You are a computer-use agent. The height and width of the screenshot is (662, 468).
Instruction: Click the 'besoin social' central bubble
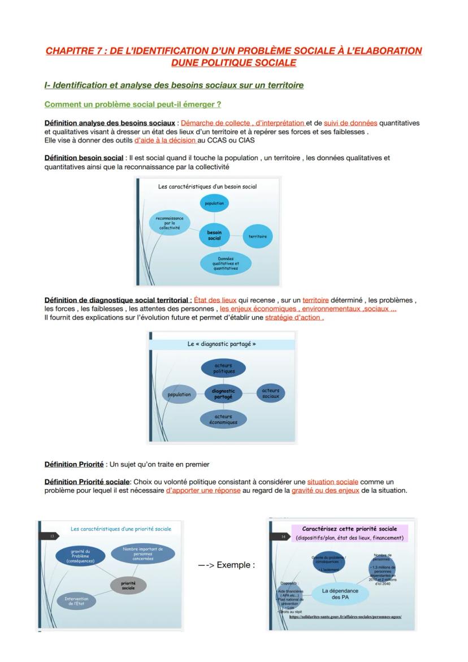coord(214,235)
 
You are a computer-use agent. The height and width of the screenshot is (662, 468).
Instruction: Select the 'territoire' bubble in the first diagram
coord(257,236)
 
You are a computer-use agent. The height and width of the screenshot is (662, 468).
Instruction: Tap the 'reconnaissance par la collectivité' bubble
coord(170,223)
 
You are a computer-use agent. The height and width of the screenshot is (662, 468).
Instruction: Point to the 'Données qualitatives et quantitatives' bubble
coord(226,263)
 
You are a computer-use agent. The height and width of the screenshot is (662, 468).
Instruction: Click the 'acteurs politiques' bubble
coord(224,369)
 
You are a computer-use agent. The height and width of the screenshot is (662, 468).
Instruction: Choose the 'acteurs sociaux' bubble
coord(271,393)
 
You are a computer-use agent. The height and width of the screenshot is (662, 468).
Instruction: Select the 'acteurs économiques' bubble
coord(223,419)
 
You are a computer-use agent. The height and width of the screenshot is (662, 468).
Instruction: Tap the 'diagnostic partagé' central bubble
coord(223,394)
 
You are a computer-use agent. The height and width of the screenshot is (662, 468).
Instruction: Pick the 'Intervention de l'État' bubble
coord(76,602)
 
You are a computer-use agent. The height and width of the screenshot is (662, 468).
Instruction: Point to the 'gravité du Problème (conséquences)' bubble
coord(80,556)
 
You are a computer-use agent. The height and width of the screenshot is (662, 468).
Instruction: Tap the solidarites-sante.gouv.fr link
coord(345,617)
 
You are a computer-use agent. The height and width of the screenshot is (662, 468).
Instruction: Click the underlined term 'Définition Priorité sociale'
coord(87,482)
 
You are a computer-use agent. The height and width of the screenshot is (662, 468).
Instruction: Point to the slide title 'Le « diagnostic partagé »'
coord(222,344)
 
